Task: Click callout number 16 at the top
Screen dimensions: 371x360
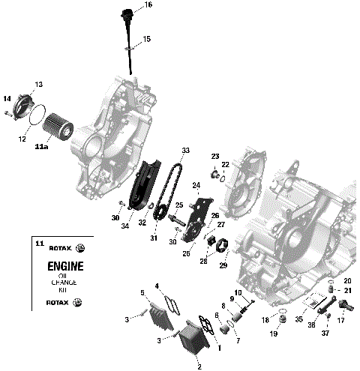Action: (148, 5)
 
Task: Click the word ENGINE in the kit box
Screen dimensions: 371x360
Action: (65, 267)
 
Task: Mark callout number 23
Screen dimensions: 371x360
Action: (214, 156)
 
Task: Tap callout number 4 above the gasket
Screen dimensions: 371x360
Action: (157, 286)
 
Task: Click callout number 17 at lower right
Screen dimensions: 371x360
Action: (340, 320)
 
